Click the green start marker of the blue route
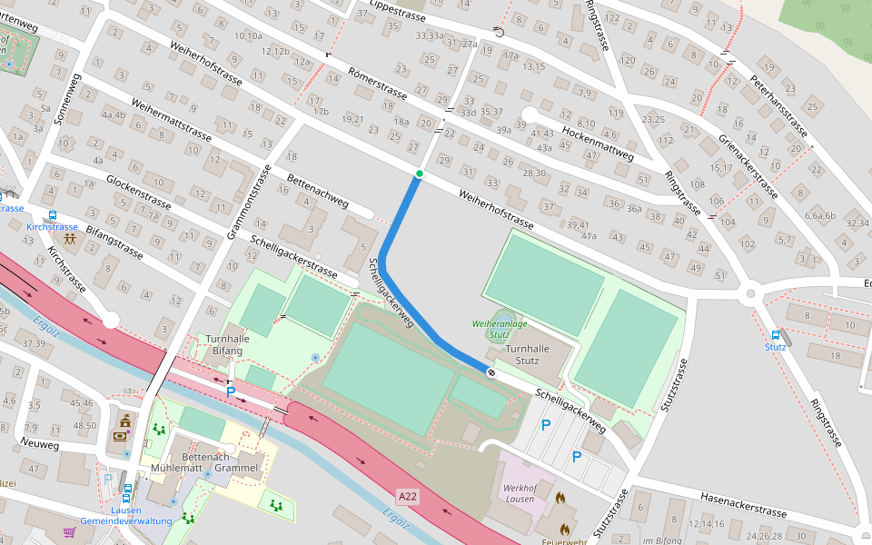pos(419,173)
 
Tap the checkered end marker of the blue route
pos(490,372)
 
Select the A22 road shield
pos(408,497)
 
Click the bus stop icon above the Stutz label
pos(775,334)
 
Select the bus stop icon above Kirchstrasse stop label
pos(53,215)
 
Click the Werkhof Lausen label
pos(519,493)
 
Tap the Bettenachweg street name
pos(317,192)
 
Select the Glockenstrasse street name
pos(139,191)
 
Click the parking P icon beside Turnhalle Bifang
pos(231,392)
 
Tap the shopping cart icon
pos(69,532)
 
